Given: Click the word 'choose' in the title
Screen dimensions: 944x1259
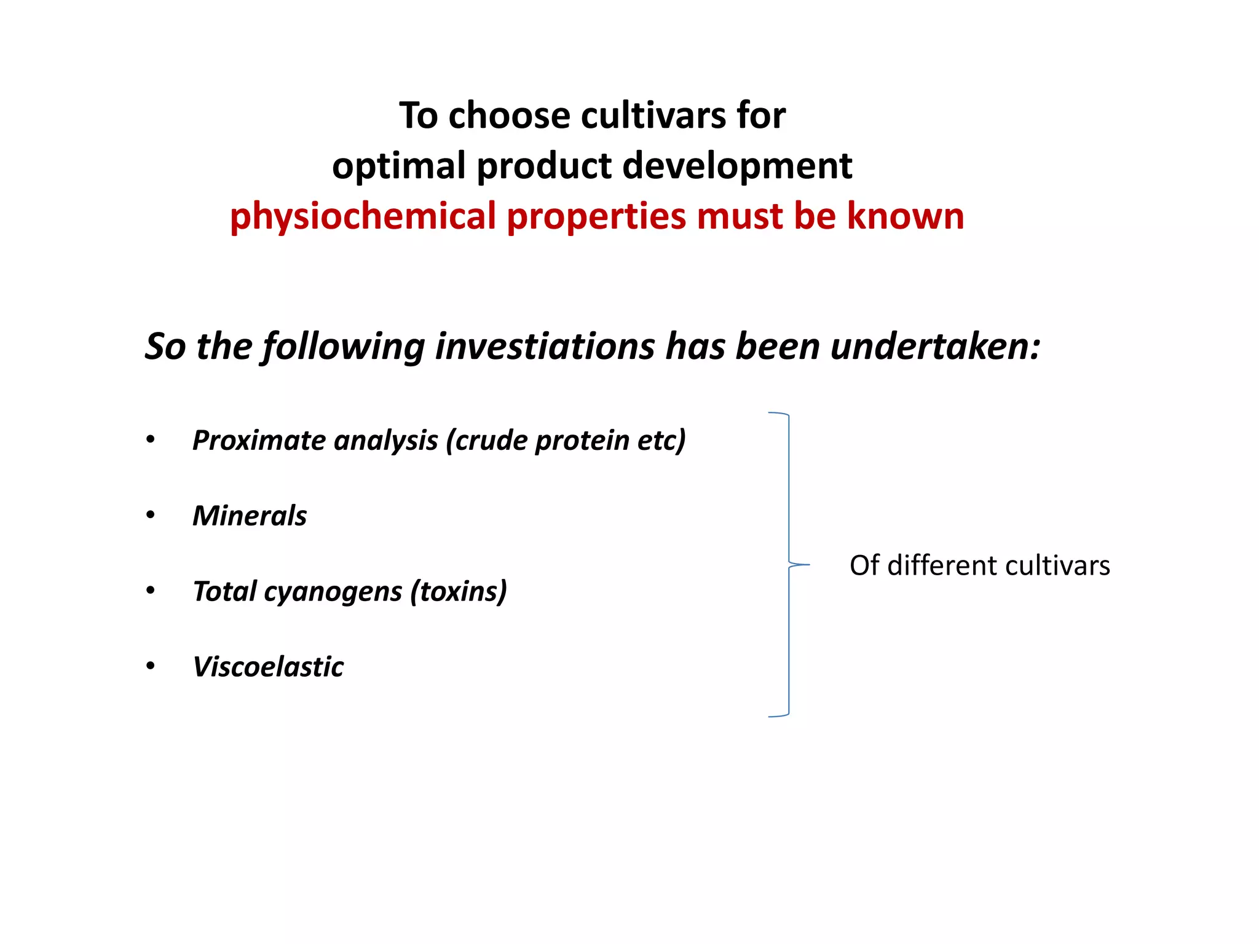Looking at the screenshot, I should click(x=509, y=116).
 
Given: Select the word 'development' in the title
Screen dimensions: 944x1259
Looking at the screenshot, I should click(x=737, y=166).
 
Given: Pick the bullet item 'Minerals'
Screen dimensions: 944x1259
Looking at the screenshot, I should click(x=250, y=516).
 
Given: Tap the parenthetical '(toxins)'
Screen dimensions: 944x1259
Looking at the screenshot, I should click(x=459, y=591).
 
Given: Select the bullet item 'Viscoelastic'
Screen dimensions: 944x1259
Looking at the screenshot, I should click(x=268, y=667).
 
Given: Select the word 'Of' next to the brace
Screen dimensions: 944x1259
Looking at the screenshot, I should click(x=864, y=565).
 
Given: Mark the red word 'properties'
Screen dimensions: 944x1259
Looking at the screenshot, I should click(x=596, y=216).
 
